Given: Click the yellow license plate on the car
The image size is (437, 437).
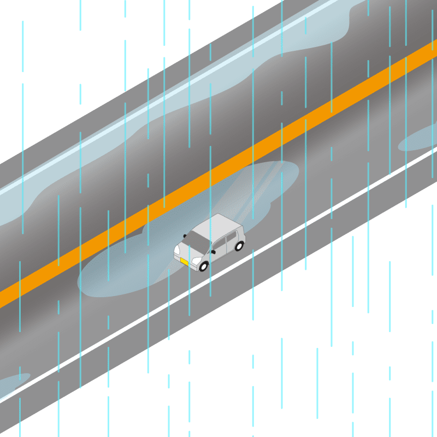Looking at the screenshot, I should tap(184, 262).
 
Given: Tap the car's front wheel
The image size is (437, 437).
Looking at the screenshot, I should tap(204, 266).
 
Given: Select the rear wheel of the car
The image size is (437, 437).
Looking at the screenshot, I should tap(239, 246).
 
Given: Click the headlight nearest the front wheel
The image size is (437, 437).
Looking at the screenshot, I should tap(196, 261).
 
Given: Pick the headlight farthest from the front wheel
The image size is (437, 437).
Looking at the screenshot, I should tap(177, 250).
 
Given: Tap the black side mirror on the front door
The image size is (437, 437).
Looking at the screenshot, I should tap(213, 252).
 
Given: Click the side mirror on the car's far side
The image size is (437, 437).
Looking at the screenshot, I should tap(185, 235).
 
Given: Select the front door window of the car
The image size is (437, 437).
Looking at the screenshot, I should tap(219, 244).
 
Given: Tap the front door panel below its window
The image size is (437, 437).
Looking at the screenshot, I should tap(218, 254).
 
